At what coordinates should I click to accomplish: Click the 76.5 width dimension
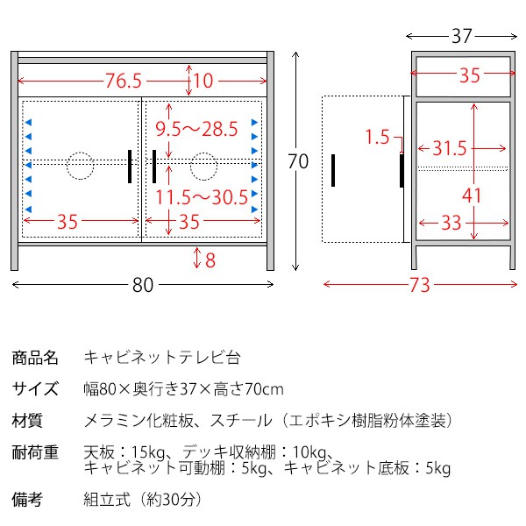124,81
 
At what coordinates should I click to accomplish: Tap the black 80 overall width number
143,285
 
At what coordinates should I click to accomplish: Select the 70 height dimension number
298,161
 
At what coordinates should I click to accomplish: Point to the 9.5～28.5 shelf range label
196,129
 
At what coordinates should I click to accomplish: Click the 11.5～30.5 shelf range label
202,197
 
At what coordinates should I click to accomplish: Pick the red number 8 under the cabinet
210,260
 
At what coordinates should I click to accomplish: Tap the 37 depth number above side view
462,36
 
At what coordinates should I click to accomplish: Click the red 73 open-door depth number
419,285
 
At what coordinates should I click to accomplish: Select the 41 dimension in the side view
472,195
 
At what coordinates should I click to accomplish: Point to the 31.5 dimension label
450,148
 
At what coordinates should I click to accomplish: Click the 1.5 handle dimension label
377,137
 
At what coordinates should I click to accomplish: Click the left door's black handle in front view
130,167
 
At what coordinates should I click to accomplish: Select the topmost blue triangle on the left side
28,123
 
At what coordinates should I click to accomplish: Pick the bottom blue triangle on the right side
254,210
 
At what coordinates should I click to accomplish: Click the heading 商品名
35,358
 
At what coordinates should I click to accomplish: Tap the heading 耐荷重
35,452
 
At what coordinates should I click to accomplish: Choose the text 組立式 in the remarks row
107,500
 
